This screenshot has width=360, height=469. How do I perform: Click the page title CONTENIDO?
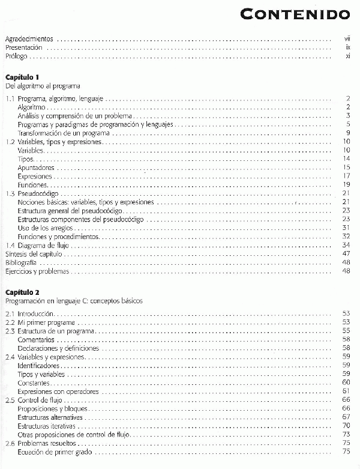point(297,13)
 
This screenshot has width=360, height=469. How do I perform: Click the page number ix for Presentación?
point(347,47)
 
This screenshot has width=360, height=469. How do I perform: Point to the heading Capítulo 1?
point(22,77)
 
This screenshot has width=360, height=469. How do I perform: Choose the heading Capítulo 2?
point(22,292)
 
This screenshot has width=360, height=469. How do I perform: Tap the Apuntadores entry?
point(37,168)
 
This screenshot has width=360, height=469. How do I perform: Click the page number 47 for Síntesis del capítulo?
point(346,254)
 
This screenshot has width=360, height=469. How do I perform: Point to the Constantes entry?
point(34,383)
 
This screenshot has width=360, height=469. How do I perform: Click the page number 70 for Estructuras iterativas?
point(346,425)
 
